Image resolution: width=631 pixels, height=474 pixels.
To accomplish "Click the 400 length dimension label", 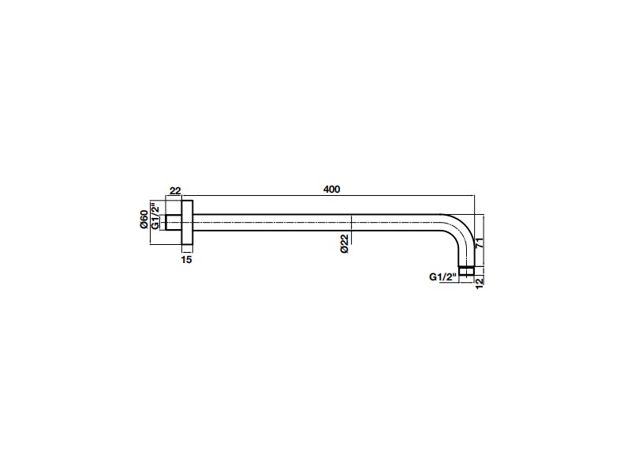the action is pos(331,189).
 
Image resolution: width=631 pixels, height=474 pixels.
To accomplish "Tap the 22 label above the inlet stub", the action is pos(175,190).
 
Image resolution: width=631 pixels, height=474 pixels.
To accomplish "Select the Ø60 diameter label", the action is pos(144,220).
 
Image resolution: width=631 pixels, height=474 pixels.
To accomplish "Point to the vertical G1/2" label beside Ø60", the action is pos(155,216).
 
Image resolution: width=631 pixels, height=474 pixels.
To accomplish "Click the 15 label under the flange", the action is pos(186,260).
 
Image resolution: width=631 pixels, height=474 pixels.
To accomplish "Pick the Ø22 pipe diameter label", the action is pos(344,243).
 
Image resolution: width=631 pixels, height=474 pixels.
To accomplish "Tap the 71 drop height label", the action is pos(479,243).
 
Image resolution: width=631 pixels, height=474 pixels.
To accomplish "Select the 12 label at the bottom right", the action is pos(479,282).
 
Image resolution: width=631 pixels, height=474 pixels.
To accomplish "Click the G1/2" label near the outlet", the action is pos(443,277).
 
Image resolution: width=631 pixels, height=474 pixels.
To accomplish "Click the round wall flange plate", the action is pos(187,222).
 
